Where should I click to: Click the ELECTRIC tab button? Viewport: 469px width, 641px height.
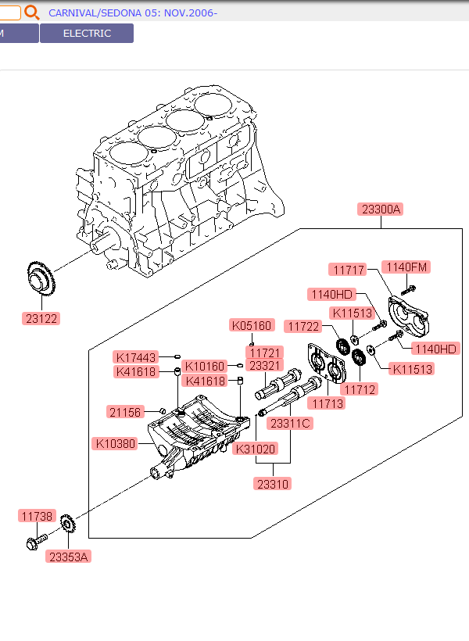(x=87, y=34)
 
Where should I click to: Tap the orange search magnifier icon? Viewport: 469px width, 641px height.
(x=31, y=13)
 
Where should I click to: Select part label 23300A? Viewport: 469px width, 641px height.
(x=381, y=209)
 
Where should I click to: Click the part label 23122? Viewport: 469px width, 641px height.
(x=41, y=318)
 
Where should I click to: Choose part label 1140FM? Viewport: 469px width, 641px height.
(x=408, y=267)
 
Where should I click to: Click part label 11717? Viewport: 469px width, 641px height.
(x=349, y=270)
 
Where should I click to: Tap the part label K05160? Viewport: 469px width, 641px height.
(x=252, y=325)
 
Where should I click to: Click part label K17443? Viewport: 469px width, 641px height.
(x=136, y=356)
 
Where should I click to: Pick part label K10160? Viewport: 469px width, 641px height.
(x=206, y=366)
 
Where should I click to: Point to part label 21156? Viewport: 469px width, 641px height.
(x=124, y=411)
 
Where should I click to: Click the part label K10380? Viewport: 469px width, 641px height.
(x=115, y=444)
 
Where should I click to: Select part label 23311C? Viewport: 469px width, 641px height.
(x=290, y=424)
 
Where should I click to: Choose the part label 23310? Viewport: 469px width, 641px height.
(x=272, y=484)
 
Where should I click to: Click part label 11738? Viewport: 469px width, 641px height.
(x=38, y=516)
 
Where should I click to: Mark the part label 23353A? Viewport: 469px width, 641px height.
(x=69, y=557)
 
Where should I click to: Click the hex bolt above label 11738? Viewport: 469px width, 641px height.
(x=34, y=541)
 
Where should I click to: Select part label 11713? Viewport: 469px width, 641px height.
(x=325, y=403)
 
